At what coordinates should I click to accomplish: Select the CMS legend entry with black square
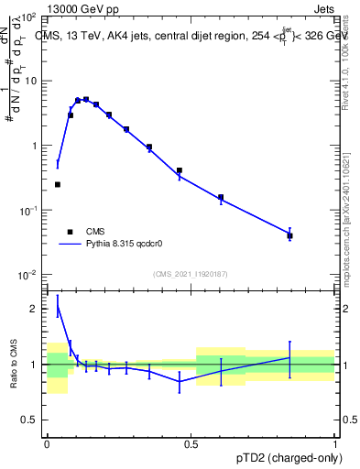pos(83,232)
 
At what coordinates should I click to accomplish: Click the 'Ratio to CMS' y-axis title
pos(14,364)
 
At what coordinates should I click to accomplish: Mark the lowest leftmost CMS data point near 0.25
pos(58,184)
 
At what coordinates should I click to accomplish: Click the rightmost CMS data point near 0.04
pos(289,235)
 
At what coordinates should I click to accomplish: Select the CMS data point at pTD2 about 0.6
pos(221,197)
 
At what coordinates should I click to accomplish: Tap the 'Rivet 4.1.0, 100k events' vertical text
pos(349,55)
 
